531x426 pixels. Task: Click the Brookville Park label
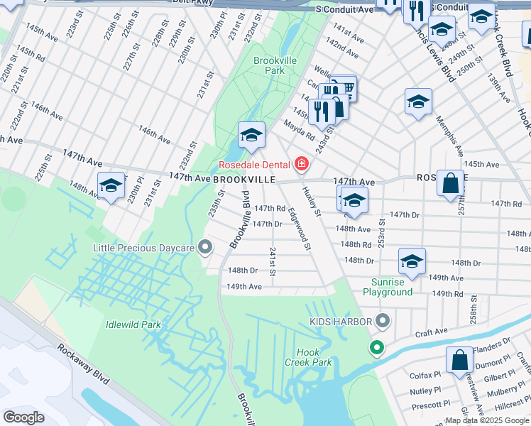point(275,65)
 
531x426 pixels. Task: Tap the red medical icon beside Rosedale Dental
point(302,165)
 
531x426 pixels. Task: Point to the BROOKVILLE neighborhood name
point(243,180)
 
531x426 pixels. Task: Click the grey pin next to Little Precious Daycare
point(205,248)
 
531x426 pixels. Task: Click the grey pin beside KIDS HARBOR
point(383,322)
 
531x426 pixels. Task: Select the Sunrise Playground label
point(388,287)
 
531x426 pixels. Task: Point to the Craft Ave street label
point(432,332)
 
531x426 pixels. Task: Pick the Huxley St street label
point(312,202)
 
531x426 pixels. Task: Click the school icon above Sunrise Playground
point(412,261)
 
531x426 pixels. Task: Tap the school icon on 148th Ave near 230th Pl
point(111,186)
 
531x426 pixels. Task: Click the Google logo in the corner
point(24,417)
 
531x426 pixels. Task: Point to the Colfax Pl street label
point(425,373)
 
